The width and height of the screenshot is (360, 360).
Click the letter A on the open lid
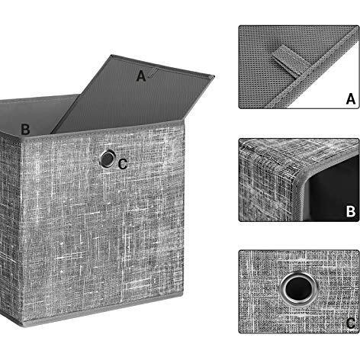[140, 76]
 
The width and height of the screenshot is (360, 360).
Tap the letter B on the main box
[25, 130]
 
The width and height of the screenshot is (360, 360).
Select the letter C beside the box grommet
[123, 162]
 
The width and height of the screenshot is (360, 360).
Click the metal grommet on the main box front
[108, 159]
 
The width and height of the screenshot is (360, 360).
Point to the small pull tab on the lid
[153, 74]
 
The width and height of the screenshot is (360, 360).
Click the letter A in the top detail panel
[350, 98]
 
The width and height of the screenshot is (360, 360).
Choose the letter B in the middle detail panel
[350, 211]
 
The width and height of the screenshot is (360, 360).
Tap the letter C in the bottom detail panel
[350, 324]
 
